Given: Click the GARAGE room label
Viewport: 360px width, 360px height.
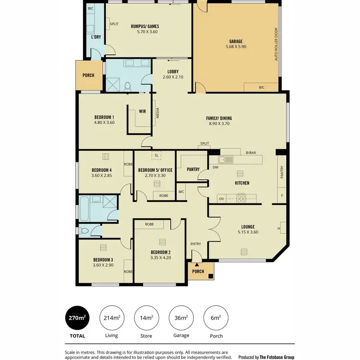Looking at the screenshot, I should tap(236, 41).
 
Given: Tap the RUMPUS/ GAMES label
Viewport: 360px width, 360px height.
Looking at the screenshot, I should tap(144, 26).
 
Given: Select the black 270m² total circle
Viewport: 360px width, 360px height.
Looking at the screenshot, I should tap(77, 318).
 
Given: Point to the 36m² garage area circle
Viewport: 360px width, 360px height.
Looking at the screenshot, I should tap(181, 318).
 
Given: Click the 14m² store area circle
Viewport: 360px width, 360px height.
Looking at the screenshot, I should tap(146, 318).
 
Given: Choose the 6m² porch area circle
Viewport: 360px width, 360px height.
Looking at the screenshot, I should tap(216, 318).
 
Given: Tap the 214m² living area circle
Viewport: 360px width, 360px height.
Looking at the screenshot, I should tap(112, 318).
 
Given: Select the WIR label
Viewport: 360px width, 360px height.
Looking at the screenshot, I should tap(143, 111).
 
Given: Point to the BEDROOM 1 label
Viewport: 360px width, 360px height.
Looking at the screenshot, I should tap(104, 117).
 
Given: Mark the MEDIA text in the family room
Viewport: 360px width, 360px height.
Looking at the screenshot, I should tap(158, 113).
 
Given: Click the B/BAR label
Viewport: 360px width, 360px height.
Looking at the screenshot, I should tap(251, 153).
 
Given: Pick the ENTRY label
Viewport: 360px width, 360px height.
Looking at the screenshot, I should tap(196, 244).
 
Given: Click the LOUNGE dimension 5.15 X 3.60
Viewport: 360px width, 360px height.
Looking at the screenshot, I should tap(248, 232).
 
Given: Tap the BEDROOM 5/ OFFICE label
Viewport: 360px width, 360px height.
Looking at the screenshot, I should tap(155, 170).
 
